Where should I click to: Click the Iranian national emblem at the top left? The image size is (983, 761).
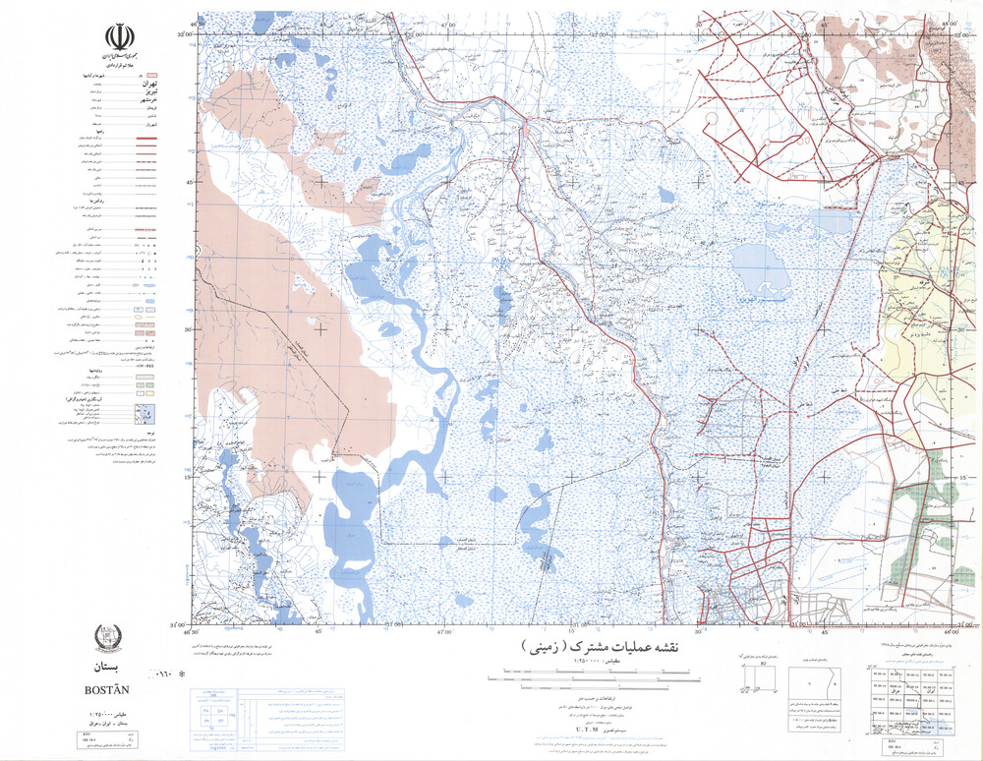[x=118, y=40]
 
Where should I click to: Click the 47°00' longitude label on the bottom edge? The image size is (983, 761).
[x=445, y=632]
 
